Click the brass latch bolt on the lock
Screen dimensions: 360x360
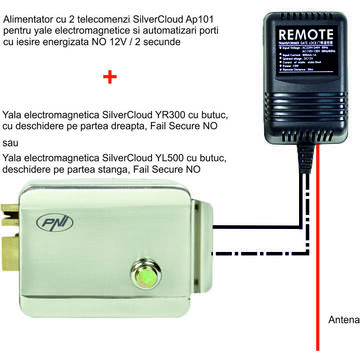coord(10,240)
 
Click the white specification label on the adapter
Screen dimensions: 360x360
coord(289,80)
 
